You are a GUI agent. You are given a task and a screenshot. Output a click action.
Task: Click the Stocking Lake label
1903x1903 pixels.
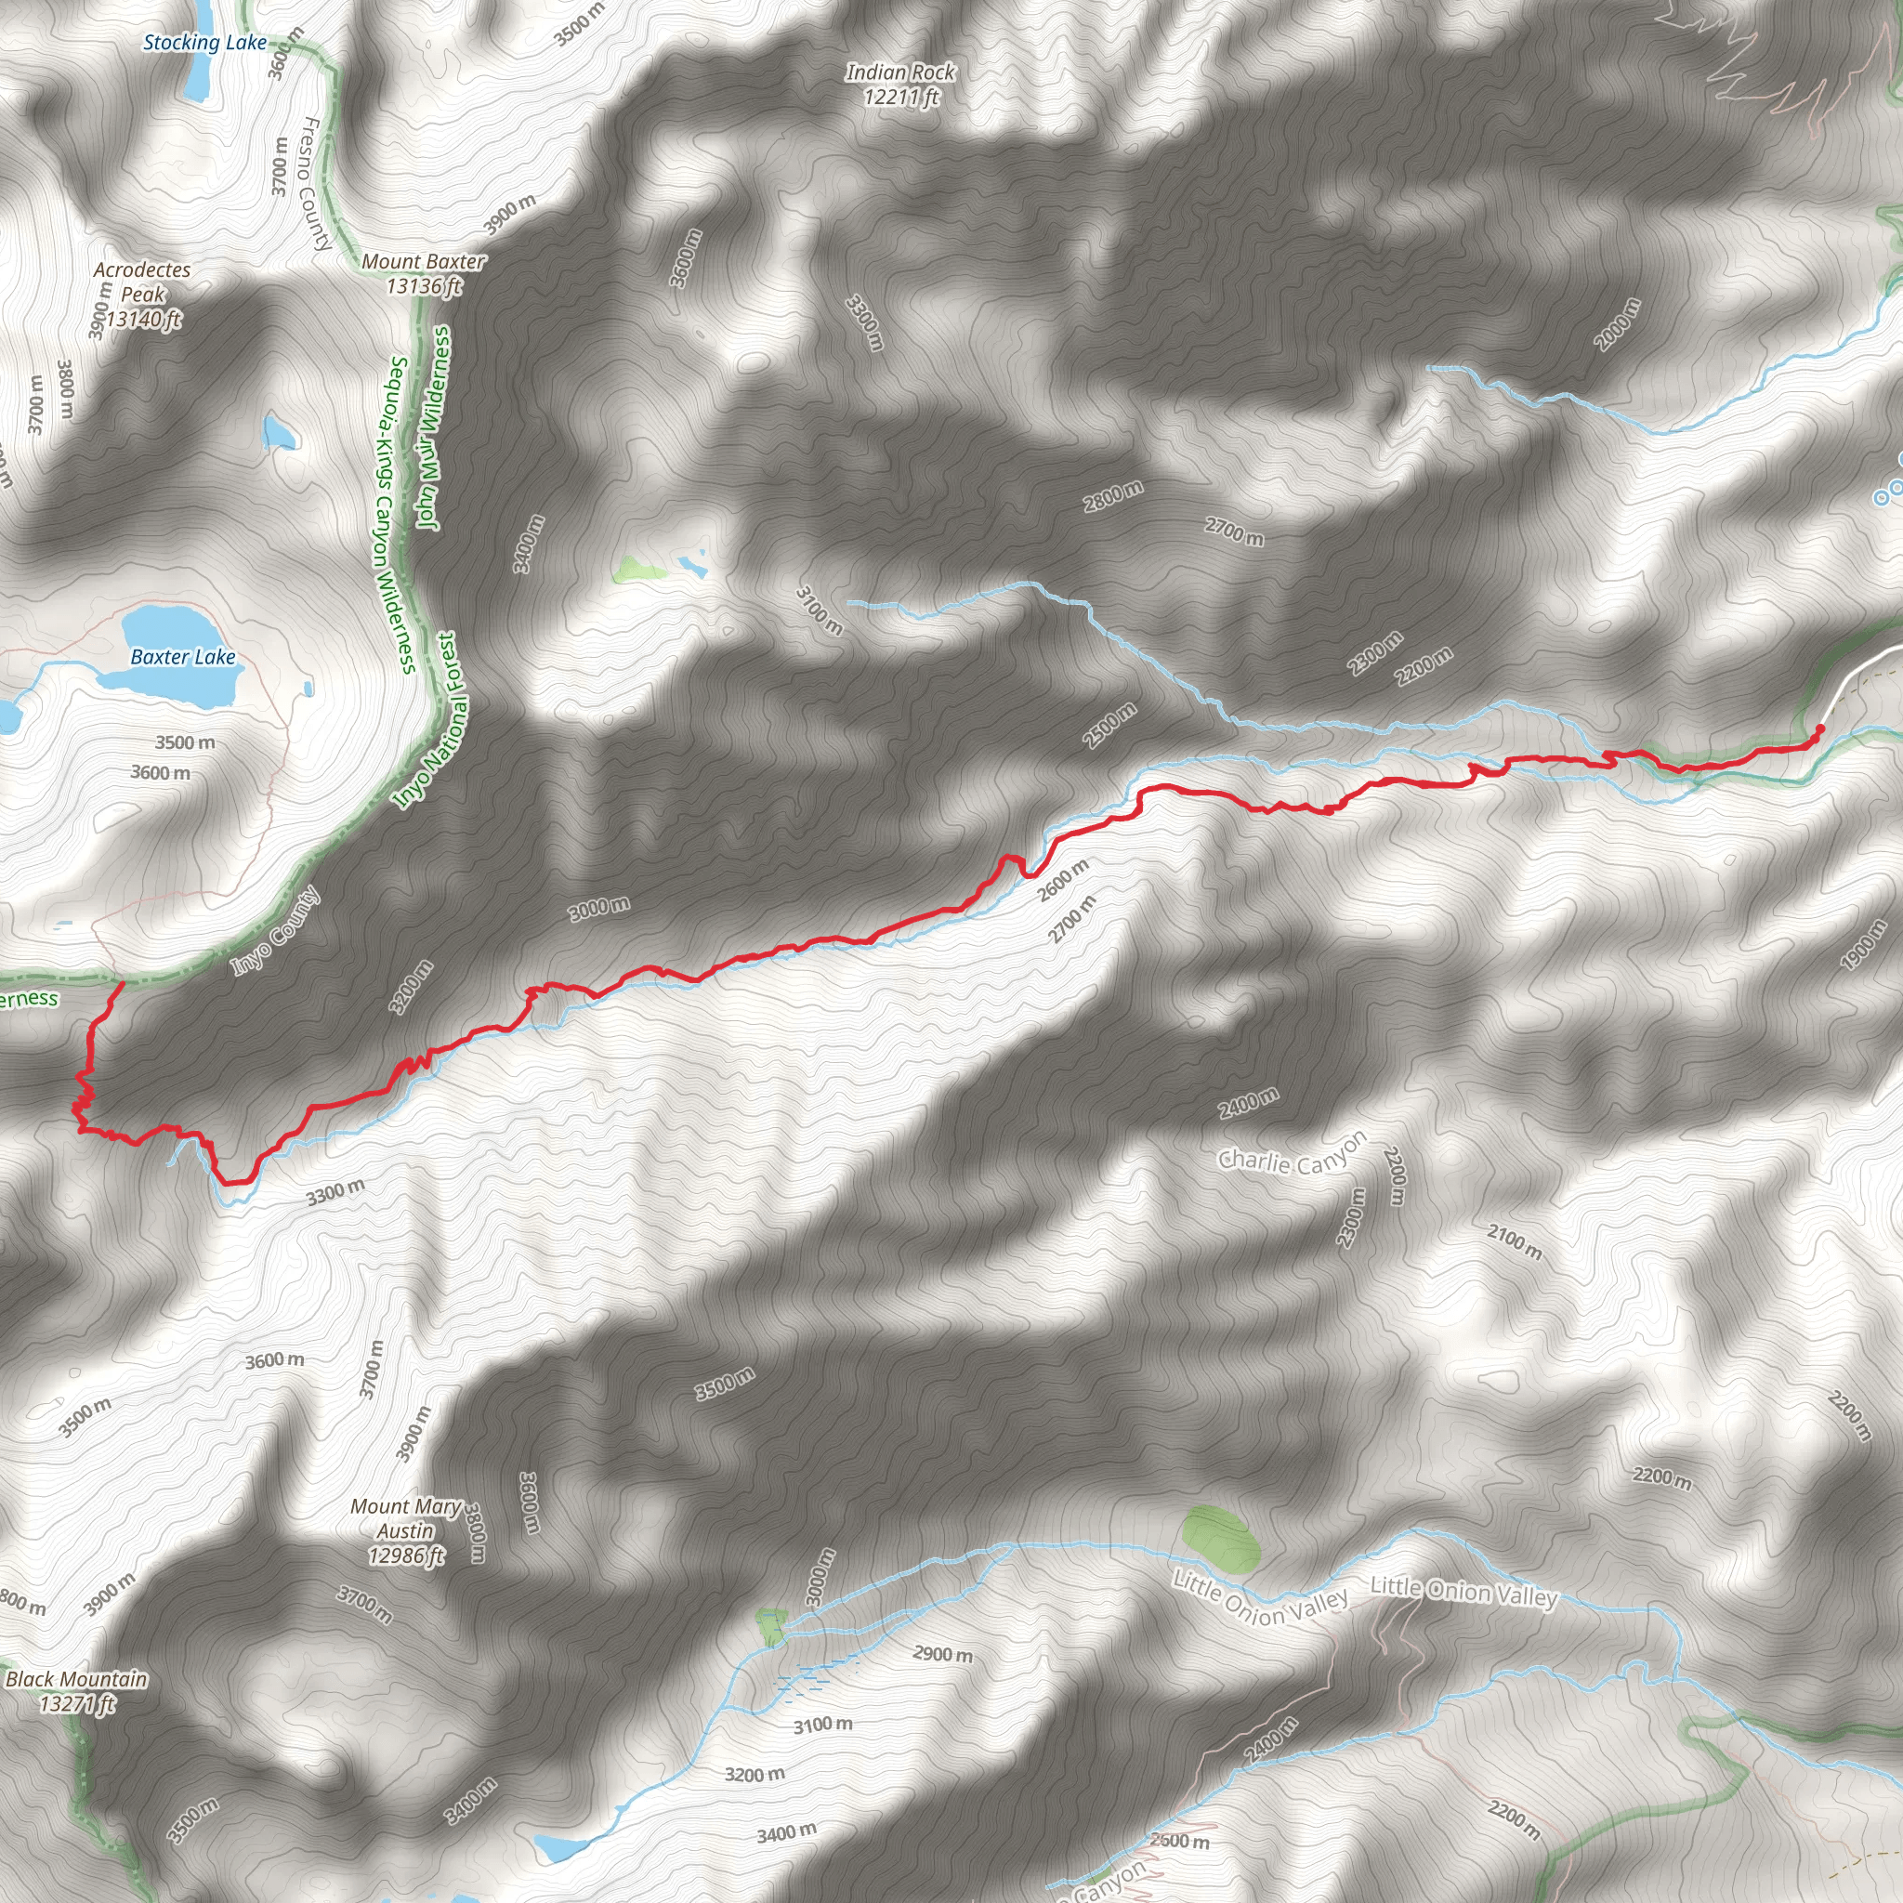tap(204, 43)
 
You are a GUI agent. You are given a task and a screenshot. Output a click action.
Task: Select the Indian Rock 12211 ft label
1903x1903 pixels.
tap(900, 85)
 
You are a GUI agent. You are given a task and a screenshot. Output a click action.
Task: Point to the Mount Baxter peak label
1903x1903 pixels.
tap(424, 274)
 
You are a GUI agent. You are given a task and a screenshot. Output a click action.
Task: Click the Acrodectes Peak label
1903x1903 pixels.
tap(143, 294)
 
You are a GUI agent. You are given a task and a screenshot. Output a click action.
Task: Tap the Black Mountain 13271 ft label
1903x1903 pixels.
tap(76, 1691)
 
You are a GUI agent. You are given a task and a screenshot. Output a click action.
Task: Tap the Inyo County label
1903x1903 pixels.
tap(276, 931)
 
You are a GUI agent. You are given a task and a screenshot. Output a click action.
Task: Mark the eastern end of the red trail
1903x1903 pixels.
tap(1819, 728)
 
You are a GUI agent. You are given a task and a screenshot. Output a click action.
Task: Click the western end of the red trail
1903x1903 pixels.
tap(121, 983)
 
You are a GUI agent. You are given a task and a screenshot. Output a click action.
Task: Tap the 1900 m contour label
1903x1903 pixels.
tap(1864, 945)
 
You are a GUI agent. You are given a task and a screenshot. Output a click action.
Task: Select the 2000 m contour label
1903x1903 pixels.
tap(1619, 324)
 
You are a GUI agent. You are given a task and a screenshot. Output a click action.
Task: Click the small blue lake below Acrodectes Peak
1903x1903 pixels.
tap(280, 430)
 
